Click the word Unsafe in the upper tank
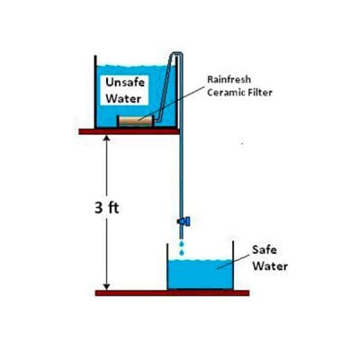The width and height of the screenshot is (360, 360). (x=125, y=83)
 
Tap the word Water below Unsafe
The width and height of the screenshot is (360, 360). (x=123, y=98)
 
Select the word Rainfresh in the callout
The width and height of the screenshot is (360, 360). (x=229, y=79)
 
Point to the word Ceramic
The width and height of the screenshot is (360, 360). (x=226, y=92)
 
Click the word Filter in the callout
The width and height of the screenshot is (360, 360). (x=260, y=92)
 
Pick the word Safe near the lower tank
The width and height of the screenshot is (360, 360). (x=265, y=249)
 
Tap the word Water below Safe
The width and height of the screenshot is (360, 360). (x=270, y=266)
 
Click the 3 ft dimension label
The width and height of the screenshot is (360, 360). (x=107, y=208)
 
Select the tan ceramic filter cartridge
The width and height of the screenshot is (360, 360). (x=136, y=121)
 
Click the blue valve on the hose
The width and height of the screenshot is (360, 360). (x=184, y=221)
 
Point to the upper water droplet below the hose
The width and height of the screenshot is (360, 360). (x=181, y=243)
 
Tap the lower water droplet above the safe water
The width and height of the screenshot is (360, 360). (x=182, y=252)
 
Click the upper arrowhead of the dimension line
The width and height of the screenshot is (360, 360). (x=107, y=138)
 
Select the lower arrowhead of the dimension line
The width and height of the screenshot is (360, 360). (x=107, y=287)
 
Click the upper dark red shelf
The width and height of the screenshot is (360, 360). (x=130, y=131)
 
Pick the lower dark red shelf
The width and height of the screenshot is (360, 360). (x=172, y=292)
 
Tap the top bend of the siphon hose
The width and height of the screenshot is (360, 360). (x=176, y=54)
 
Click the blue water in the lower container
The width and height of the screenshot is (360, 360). (x=201, y=274)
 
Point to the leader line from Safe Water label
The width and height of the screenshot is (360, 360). (x=233, y=262)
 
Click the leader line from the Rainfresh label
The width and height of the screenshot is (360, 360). (x=173, y=103)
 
